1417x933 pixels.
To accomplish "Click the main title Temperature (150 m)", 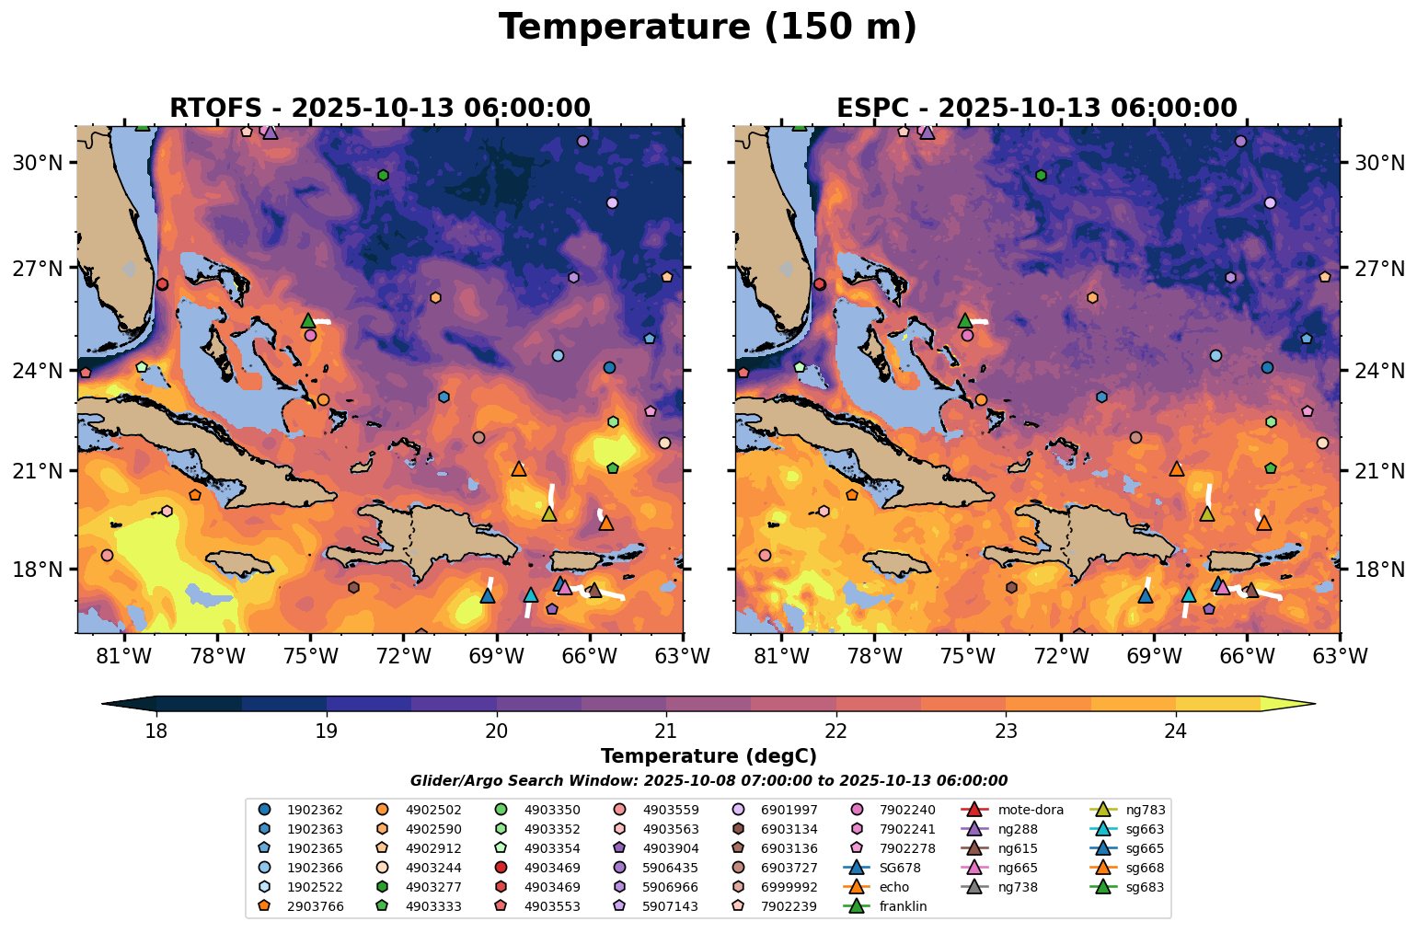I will coord(708,28).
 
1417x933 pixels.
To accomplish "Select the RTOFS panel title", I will coord(379,109).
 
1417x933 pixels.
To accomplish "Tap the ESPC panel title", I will coord(1036,109).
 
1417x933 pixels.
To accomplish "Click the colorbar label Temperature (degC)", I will coord(708,756).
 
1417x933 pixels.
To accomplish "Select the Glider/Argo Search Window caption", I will coord(708,781).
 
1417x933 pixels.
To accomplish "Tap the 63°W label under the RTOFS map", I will coord(682,658).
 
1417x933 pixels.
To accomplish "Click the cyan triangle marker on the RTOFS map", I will coord(531,594).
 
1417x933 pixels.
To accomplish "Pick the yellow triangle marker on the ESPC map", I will coord(1206,513).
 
